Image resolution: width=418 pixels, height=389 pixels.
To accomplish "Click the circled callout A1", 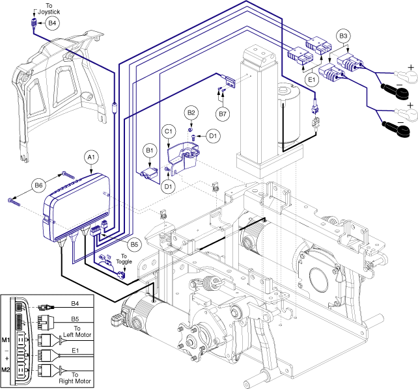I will pos(91,157).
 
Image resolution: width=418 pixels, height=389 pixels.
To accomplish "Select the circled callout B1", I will pos(150,151).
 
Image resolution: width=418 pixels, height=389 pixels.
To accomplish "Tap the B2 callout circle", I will pos(191,113).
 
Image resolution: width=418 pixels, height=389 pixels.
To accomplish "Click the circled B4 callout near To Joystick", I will pos(53,23).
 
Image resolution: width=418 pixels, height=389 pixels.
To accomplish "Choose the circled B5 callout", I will pos(134,245).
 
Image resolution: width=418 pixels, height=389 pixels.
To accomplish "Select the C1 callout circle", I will pos(169,131).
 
